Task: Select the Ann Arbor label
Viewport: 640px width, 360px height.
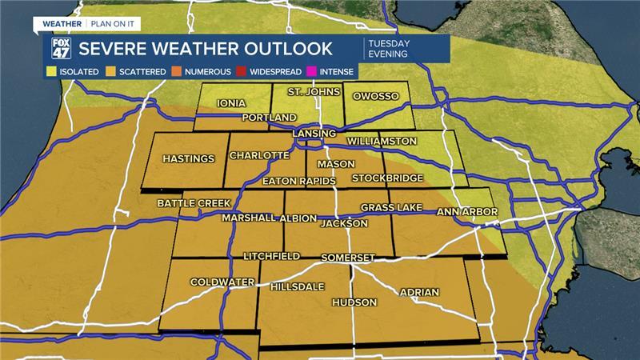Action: tap(467, 212)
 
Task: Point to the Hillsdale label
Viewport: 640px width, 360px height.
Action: tap(298, 286)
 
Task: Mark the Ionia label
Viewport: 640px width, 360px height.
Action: tap(231, 103)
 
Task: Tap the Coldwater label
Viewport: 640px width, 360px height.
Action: tap(222, 282)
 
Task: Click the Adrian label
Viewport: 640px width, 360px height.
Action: tap(419, 292)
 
